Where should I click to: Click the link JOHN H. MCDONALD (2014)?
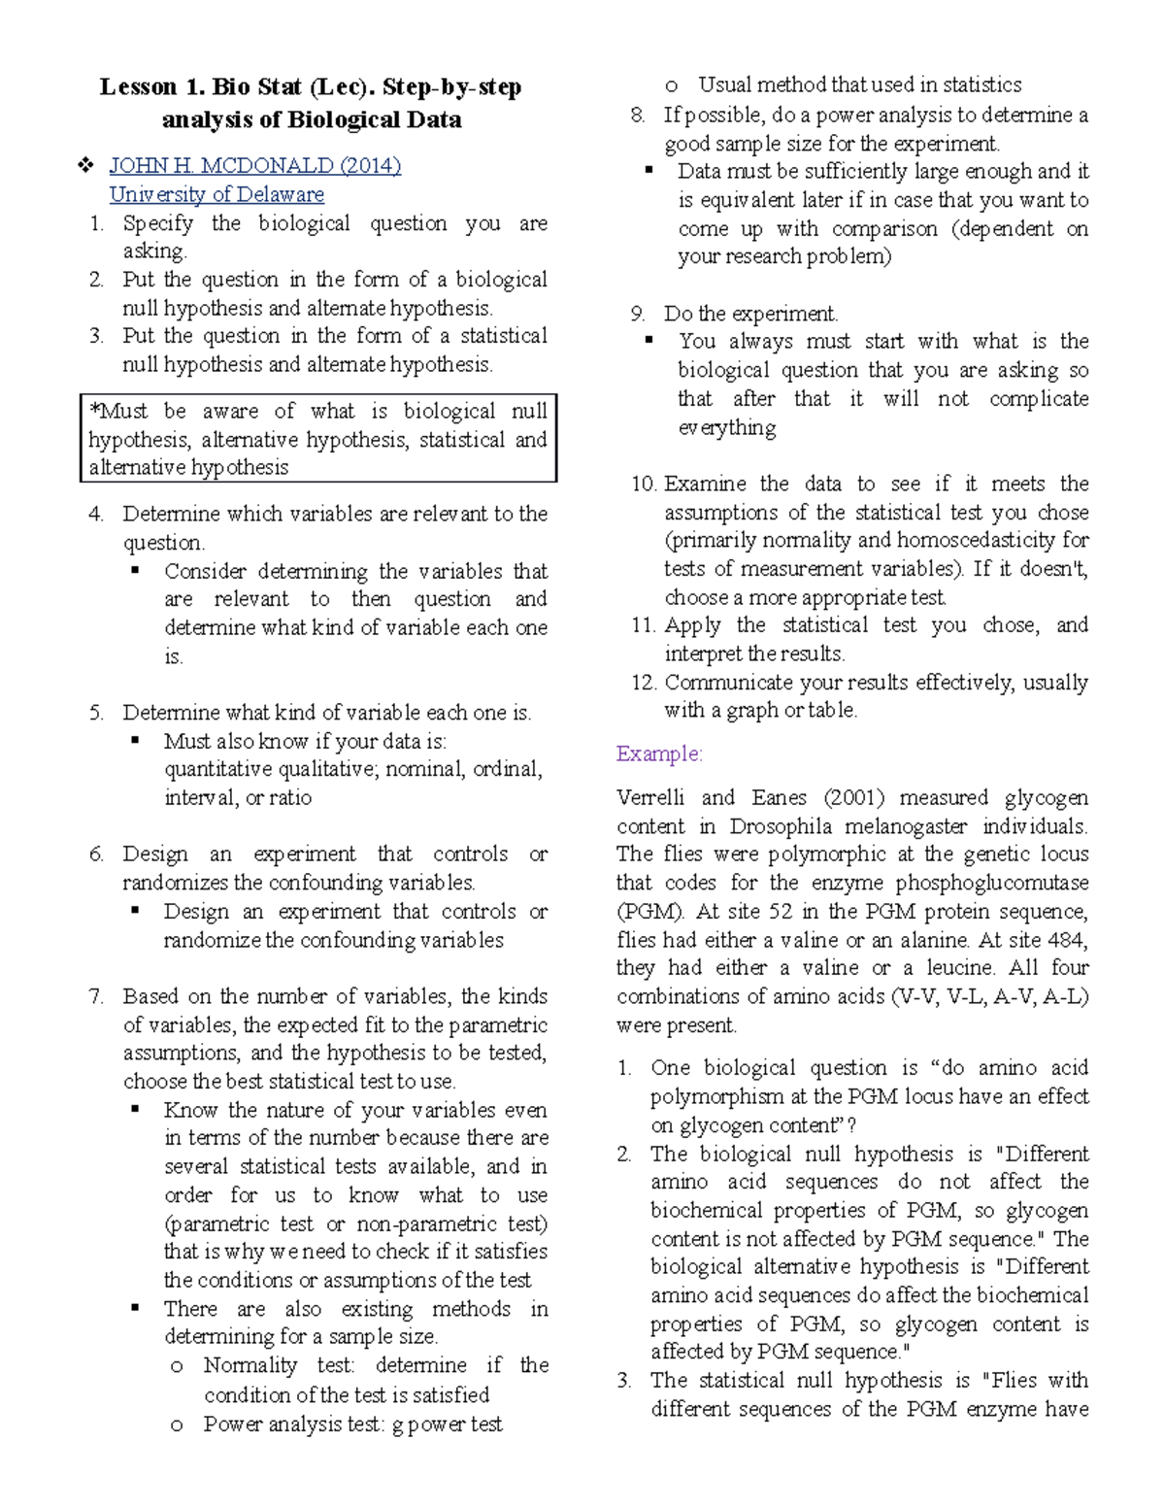tap(254, 165)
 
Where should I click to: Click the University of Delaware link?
tap(216, 194)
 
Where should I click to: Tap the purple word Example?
tap(659, 754)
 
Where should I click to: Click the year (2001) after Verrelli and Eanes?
tap(853, 797)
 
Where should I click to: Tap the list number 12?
tap(644, 683)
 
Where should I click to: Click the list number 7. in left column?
tap(95, 996)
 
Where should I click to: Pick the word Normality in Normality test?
tap(250, 1365)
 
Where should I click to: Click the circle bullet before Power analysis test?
tap(177, 1425)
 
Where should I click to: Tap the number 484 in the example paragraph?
tap(1067, 940)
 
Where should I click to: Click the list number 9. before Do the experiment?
tap(638, 314)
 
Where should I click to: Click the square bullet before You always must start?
tap(650, 341)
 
